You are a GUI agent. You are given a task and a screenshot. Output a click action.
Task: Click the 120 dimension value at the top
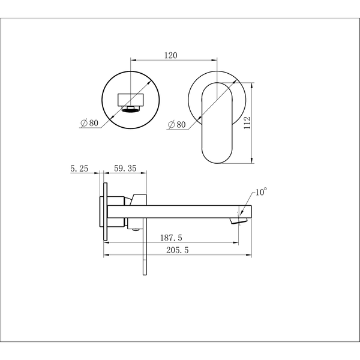[x=171, y=55]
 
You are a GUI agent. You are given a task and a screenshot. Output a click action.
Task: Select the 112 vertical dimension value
[x=247, y=123]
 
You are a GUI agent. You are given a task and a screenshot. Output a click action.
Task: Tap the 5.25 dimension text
[x=79, y=169]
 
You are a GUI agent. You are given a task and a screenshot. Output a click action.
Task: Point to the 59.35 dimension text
[x=125, y=168]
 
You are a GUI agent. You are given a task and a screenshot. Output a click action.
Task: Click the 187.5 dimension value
[x=171, y=238]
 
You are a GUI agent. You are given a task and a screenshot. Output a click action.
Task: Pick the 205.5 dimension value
[x=177, y=250]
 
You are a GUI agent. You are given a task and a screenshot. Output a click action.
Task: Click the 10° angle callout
[x=261, y=192]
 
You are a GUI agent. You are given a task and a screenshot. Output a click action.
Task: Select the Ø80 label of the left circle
[x=89, y=123]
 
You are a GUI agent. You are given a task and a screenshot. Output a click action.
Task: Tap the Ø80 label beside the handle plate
[x=177, y=124]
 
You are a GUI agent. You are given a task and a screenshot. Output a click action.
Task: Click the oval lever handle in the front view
[x=217, y=123]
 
